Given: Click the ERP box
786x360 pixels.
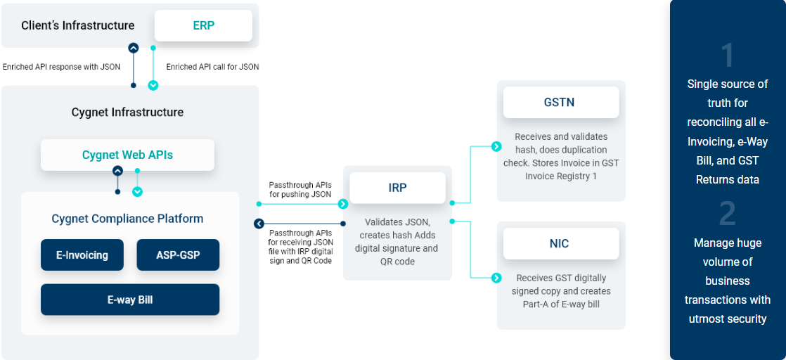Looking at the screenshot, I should pyautogui.click(x=203, y=25).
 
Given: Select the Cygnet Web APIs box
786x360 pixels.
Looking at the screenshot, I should pyautogui.click(x=127, y=155).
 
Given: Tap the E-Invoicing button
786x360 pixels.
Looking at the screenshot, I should pyautogui.click(x=82, y=255).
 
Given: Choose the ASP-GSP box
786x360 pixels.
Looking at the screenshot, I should pyautogui.click(x=178, y=255).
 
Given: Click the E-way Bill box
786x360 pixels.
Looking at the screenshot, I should pyautogui.click(x=130, y=300).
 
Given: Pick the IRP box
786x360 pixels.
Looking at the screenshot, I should pyautogui.click(x=398, y=188).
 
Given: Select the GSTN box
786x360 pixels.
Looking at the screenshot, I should pyautogui.click(x=560, y=102).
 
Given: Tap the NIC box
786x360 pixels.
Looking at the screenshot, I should pyautogui.click(x=560, y=244).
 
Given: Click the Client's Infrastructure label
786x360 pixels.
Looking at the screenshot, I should pyautogui.click(x=78, y=25).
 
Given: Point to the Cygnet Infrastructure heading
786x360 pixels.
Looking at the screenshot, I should pyautogui.click(x=127, y=112).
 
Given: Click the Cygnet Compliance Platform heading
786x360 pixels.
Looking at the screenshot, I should pyautogui.click(x=127, y=219).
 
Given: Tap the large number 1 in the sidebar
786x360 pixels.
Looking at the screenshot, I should pyautogui.click(x=728, y=56).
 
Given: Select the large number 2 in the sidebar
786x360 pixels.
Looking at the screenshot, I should pyautogui.click(x=728, y=214).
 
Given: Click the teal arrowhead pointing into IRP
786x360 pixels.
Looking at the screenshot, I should pyautogui.click(x=343, y=204).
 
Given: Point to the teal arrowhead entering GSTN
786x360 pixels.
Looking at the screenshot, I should pyautogui.click(x=496, y=146).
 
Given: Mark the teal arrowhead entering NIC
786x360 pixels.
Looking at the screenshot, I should pyautogui.click(x=496, y=278).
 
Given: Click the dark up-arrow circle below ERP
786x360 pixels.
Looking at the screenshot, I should pyautogui.click(x=134, y=49).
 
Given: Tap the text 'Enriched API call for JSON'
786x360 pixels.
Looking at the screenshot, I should pyautogui.click(x=212, y=67).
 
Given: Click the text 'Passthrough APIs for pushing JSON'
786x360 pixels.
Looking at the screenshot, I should pyautogui.click(x=300, y=189).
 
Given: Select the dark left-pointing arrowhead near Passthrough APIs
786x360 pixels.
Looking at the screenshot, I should pyautogui.click(x=259, y=224).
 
